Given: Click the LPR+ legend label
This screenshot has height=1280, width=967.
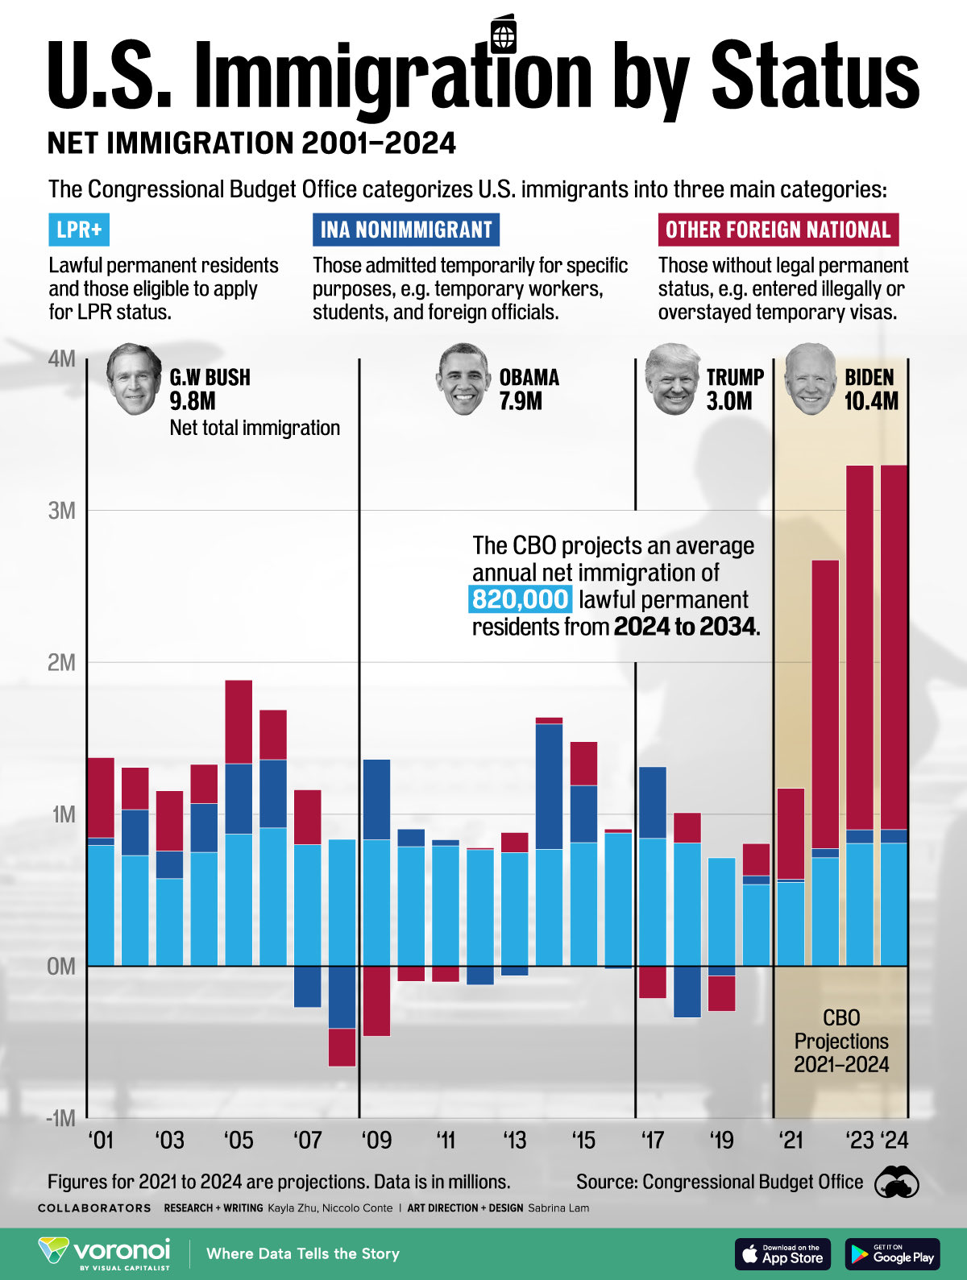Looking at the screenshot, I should [x=79, y=230].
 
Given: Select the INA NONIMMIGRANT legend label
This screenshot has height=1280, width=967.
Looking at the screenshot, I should [x=405, y=230].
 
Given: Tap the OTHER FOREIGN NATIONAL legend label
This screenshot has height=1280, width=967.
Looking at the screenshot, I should [x=778, y=230].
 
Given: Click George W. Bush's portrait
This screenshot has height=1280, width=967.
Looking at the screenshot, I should [x=134, y=379].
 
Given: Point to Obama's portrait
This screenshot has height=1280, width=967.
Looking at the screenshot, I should [x=464, y=379].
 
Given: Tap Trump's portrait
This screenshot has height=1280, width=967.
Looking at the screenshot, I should [x=672, y=379].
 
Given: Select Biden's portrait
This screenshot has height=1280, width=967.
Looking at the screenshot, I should [x=811, y=379].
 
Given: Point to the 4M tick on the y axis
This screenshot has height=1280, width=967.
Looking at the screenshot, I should [x=62, y=358].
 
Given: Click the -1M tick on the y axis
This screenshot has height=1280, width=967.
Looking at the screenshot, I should [x=60, y=1118].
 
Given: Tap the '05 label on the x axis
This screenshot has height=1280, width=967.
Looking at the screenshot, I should [x=239, y=1141].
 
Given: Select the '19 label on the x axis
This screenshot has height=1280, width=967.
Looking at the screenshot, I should [x=721, y=1141].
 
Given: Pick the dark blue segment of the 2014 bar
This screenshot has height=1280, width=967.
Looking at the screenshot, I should [x=549, y=785].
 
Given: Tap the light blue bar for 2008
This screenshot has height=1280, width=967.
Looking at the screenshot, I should [x=342, y=902].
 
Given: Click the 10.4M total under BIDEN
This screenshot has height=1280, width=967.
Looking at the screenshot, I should [x=870, y=401].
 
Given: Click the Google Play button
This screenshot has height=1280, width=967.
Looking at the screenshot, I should [x=892, y=1254].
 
